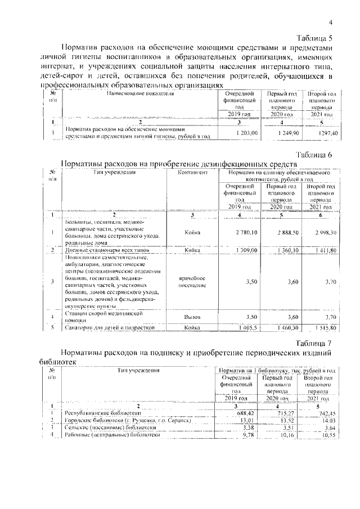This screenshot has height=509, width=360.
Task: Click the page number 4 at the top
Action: [331, 22]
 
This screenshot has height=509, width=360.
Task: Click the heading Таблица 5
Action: [314, 38]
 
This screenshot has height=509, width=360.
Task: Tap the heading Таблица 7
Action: [314, 343]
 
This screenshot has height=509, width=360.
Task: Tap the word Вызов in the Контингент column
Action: [192, 317]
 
